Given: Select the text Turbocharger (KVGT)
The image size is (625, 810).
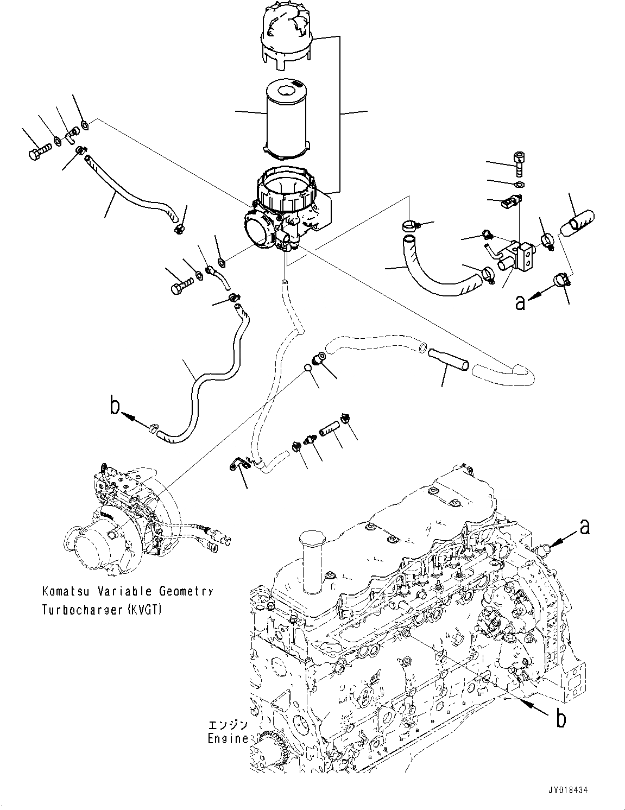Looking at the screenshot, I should [101, 609].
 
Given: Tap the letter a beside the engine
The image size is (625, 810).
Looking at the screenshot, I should [584, 526].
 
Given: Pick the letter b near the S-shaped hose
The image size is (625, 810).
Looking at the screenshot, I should [115, 406].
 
